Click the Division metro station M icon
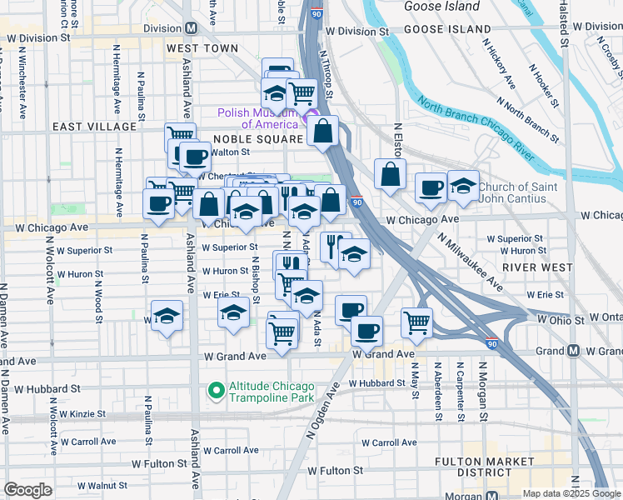pyautogui.click(x=191, y=27)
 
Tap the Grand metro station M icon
pyautogui.click(x=573, y=351)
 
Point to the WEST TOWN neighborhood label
pyautogui.click(x=202, y=49)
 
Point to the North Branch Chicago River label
pyautogui.click(x=476, y=133)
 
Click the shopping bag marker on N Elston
pyautogui.click(x=390, y=174)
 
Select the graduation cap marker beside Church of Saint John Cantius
pyautogui.click(x=463, y=186)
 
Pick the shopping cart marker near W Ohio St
pyautogui.click(x=416, y=322)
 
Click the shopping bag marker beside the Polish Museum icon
pyautogui.click(x=322, y=131)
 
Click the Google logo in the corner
pyautogui.click(x=27, y=490)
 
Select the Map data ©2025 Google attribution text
pyautogui.click(x=571, y=493)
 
